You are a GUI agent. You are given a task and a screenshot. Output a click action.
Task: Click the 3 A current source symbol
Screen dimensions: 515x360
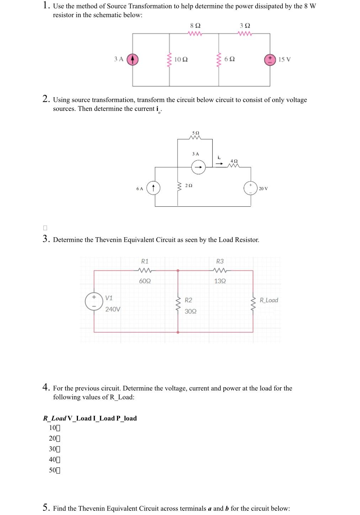pyautogui.click(x=133, y=59)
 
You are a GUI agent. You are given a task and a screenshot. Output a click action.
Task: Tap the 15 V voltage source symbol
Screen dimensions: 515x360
pyautogui.click(x=270, y=59)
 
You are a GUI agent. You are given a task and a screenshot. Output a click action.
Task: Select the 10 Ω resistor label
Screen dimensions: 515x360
pyautogui.click(x=181, y=59)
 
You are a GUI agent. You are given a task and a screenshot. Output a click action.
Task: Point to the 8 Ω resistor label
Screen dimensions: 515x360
pyautogui.click(x=195, y=26)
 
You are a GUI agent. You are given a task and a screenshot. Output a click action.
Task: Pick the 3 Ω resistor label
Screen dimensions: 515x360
pyautogui.click(x=245, y=26)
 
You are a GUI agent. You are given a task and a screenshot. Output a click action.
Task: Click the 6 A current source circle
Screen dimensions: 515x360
pyautogui.click(x=153, y=188)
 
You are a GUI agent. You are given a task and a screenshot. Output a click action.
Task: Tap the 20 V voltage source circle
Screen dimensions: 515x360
pyautogui.click(x=250, y=188)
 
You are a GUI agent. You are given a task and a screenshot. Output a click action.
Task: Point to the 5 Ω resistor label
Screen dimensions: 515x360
pyautogui.click(x=195, y=133)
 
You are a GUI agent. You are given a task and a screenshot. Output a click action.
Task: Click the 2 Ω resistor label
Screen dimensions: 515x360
pyautogui.click(x=189, y=186)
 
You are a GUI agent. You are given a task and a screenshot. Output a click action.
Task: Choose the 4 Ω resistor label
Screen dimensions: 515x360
pyautogui.click(x=234, y=161)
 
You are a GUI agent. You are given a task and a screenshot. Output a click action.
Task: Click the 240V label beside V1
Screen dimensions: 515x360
pyautogui.click(x=113, y=309)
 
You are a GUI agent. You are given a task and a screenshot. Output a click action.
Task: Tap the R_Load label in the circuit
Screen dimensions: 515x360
pyautogui.click(x=269, y=300)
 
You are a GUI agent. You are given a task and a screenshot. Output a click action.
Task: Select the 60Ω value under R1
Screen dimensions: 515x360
pyautogui.click(x=145, y=281)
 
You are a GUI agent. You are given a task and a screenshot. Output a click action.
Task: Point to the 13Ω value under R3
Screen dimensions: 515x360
pyautogui.click(x=220, y=281)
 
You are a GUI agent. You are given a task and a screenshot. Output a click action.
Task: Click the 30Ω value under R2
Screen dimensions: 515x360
pyautogui.click(x=191, y=311)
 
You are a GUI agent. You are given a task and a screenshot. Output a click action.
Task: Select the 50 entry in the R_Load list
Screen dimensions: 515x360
pyautogui.click(x=53, y=470)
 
